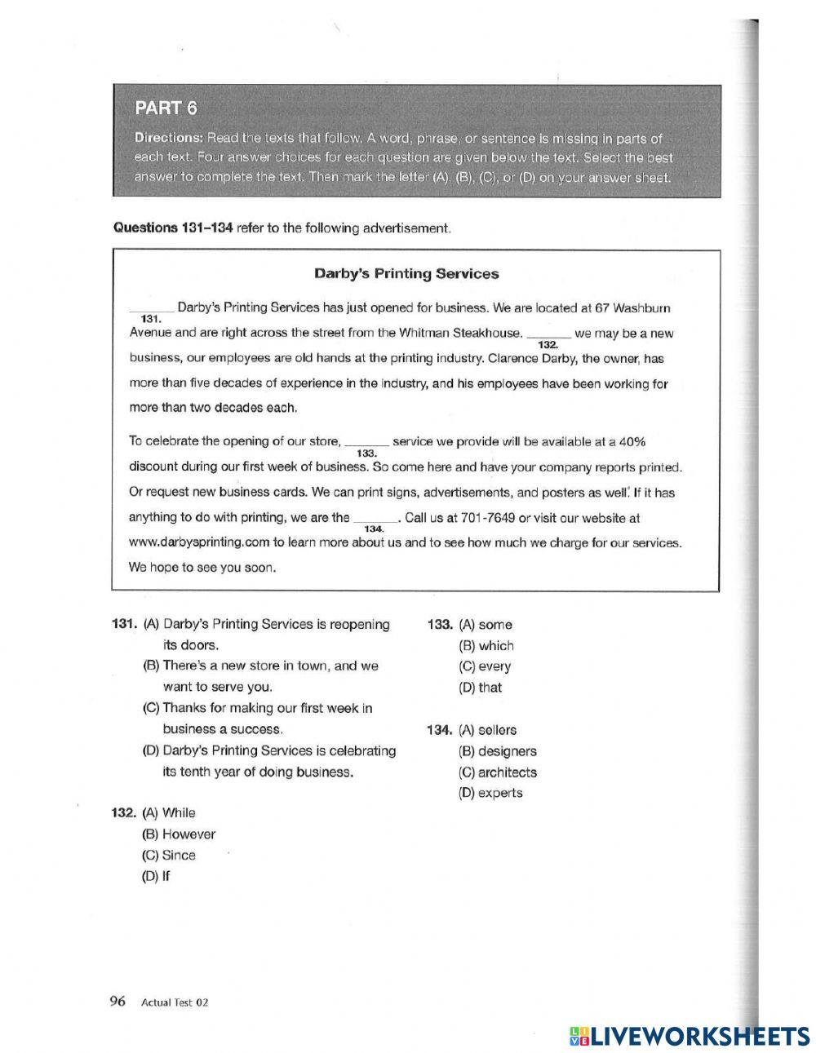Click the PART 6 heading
[x=166, y=108]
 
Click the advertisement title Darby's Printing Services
[x=406, y=274]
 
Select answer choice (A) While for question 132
[x=169, y=813]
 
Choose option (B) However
[x=179, y=834]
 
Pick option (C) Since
[x=169, y=856]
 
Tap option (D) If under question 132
[x=156, y=877]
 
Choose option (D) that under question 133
[x=481, y=688]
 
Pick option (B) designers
[x=498, y=751]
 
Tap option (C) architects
[x=498, y=772]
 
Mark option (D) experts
[x=490, y=793]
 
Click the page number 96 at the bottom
[x=117, y=1002]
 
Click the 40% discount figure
[x=632, y=441]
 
